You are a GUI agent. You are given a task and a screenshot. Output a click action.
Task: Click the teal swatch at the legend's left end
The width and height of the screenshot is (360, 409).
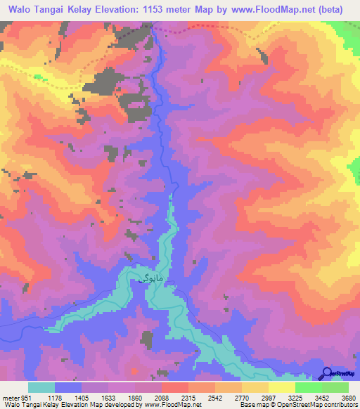coord(41,387)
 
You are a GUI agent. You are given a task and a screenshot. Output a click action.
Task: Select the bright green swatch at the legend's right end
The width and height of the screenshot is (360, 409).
coord(335,387)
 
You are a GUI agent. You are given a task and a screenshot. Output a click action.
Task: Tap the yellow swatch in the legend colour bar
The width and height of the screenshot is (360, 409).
coord(281,387)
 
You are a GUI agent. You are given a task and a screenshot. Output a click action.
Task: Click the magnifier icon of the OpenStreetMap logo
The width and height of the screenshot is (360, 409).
coord(328,372)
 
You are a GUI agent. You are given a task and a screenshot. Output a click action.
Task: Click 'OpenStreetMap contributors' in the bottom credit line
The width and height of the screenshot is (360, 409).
coord(323,404)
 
